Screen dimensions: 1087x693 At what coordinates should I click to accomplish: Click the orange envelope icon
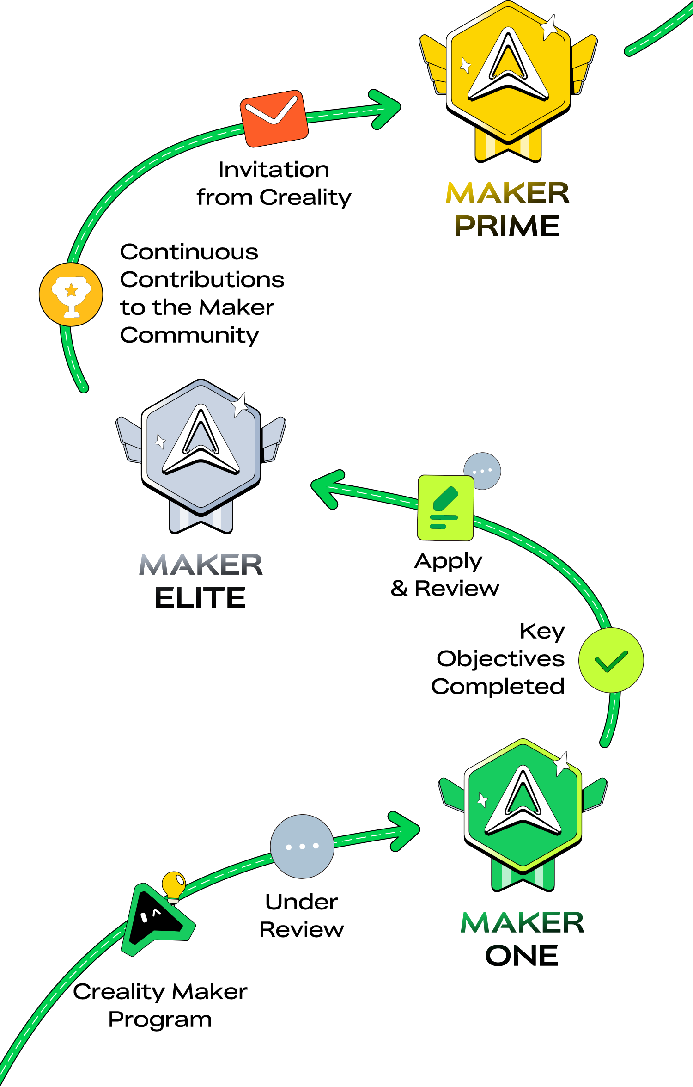[x=274, y=119]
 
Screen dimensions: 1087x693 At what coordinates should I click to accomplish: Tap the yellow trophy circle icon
[x=71, y=295]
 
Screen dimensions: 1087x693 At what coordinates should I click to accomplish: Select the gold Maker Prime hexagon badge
[x=508, y=74]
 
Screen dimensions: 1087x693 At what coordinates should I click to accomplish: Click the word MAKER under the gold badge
[x=507, y=193]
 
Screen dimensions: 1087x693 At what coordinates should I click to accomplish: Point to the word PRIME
[x=507, y=226]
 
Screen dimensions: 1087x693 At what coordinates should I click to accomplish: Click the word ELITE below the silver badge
[x=200, y=597]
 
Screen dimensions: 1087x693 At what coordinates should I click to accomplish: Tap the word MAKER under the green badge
[x=522, y=922]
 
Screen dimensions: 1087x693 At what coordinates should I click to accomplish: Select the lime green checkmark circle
[x=611, y=660]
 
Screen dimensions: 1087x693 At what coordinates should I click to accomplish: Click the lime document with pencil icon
[x=445, y=508]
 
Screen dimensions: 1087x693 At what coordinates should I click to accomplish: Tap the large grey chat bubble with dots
[x=302, y=846]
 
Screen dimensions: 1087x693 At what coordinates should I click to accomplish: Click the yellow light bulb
[x=174, y=885]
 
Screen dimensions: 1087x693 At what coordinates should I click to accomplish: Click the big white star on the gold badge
[x=549, y=27]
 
